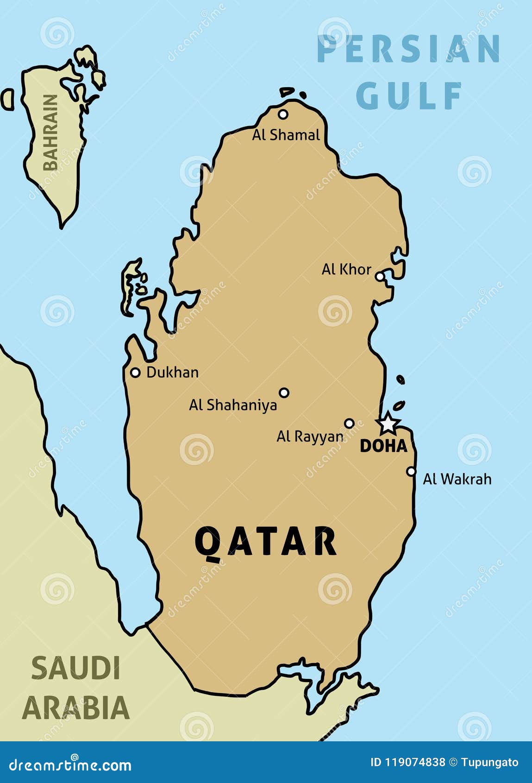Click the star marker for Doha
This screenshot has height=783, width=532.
(x=388, y=423)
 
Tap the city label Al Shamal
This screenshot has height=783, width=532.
(x=286, y=135)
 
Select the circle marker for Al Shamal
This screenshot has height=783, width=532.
(x=283, y=114)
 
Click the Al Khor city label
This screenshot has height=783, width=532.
(x=346, y=269)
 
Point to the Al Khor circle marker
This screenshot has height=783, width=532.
(x=380, y=277)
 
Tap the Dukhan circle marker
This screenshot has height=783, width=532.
(x=135, y=372)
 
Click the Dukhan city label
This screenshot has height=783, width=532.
(x=172, y=372)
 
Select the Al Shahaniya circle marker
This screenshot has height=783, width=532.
(x=284, y=392)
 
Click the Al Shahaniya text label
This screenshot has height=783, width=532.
(x=233, y=405)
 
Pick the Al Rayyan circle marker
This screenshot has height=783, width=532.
(x=350, y=423)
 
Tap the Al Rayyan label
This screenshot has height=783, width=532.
(x=310, y=436)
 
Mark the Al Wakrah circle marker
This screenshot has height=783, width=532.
(x=411, y=471)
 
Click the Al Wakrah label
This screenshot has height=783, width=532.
(x=457, y=479)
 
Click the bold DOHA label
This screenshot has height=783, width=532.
(x=383, y=446)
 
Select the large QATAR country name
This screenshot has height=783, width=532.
(x=265, y=542)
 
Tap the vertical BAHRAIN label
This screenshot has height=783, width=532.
(x=50, y=133)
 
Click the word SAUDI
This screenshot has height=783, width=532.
(x=75, y=668)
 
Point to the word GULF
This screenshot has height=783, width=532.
(x=409, y=95)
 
